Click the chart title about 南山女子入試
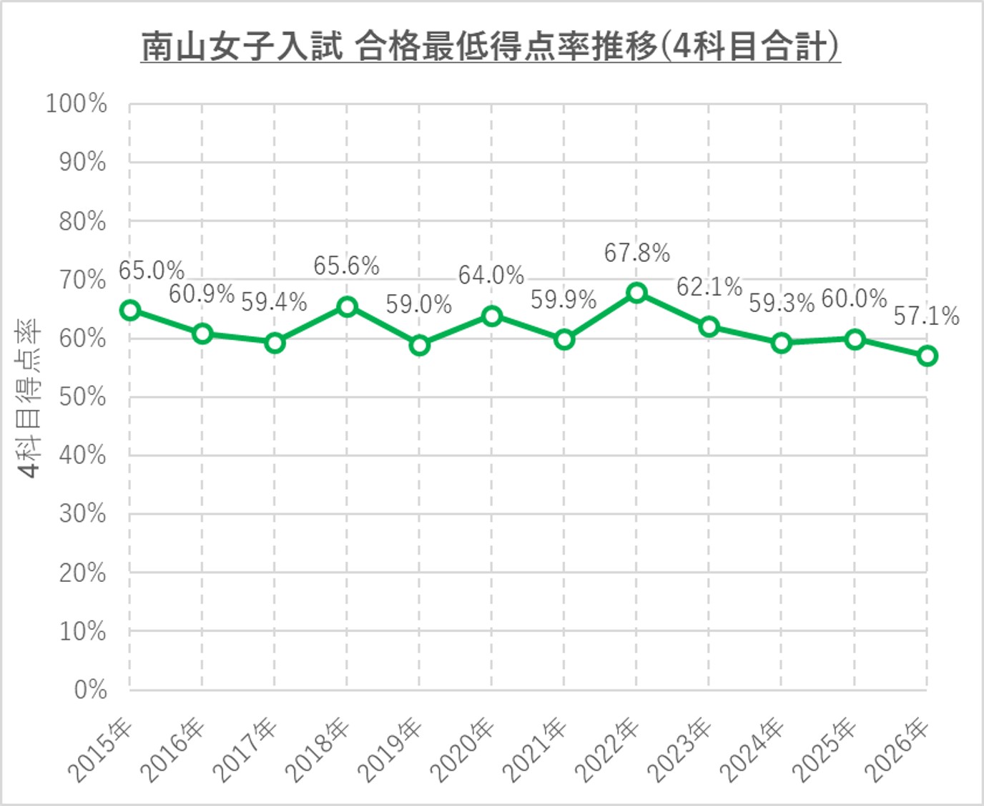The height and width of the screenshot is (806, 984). (x=490, y=47)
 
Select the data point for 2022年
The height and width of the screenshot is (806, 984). (x=636, y=293)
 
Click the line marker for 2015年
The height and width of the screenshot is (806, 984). (x=130, y=310)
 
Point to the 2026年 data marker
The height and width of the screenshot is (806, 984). (x=927, y=356)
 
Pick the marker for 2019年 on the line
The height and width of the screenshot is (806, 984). (x=420, y=345)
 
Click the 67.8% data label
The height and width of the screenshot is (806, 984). (x=636, y=253)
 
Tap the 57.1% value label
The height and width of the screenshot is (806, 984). (x=926, y=316)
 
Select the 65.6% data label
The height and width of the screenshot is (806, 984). (x=346, y=266)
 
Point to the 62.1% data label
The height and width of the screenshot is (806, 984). (x=709, y=287)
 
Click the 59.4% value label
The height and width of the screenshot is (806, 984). (x=274, y=303)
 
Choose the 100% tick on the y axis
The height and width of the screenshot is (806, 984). (x=77, y=104)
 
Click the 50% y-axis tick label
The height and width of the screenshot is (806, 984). (x=82, y=397)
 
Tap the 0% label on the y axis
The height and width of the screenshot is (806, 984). (x=90, y=690)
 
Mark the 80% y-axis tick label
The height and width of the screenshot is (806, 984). (x=82, y=222)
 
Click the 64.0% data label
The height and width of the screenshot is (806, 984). (x=491, y=276)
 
